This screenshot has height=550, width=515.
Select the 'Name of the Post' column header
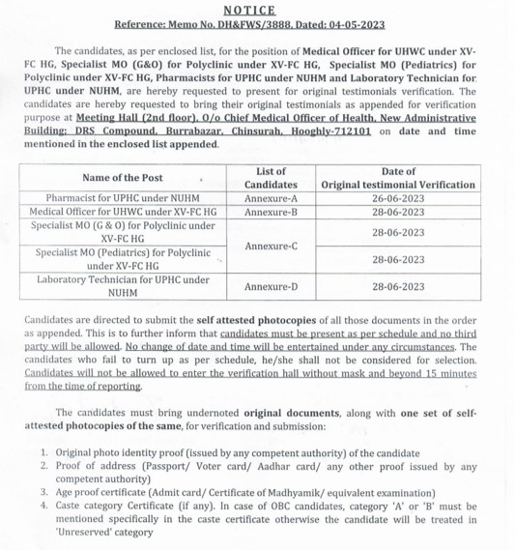[123, 178]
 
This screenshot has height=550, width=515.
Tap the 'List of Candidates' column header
[271, 178]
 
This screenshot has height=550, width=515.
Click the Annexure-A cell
[271, 196]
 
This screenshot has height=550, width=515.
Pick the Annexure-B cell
[271, 211]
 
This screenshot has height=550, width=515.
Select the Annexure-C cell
[271, 246]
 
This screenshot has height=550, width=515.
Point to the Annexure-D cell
[271, 287]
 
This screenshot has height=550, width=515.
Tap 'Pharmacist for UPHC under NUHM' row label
[123, 196]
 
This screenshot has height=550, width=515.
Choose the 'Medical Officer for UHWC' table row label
[123, 211]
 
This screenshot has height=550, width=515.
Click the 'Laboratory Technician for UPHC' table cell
[123, 286]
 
